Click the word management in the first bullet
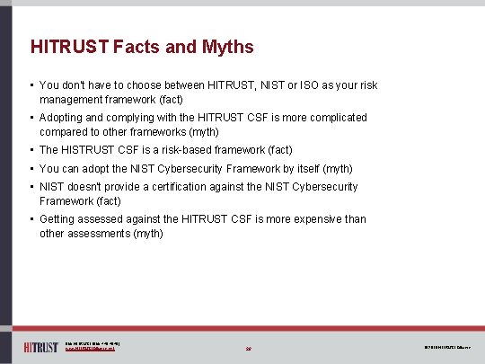pyautogui.click(x=73, y=99)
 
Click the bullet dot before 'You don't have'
pyautogui.click(x=31, y=85)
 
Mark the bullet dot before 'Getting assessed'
pyautogui.click(x=31, y=219)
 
